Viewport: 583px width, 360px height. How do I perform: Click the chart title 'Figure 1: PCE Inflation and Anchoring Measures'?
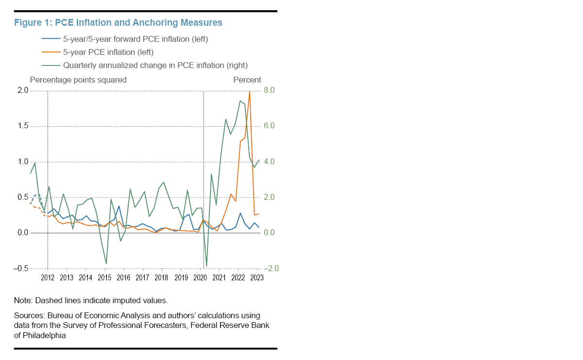coord(118,22)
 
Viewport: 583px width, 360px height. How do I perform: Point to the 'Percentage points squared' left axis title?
coord(78,80)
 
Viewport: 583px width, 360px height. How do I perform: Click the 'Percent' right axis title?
coord(247,80)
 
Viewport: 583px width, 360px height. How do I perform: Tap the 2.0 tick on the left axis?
coord(23,90)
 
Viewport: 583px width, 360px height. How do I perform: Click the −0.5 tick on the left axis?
coord(21,269)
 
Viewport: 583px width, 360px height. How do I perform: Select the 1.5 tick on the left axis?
coord(23,126)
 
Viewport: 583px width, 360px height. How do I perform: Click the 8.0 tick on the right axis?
coord(270,90)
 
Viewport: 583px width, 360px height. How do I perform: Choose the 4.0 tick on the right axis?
coord(270,162)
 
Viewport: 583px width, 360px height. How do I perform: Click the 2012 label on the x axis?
coord(48,278)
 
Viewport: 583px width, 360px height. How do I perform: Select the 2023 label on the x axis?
coord(257,278)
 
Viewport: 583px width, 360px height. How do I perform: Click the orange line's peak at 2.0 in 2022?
coord(250,91)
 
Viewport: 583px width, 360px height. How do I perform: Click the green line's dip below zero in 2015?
coord(106,263)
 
